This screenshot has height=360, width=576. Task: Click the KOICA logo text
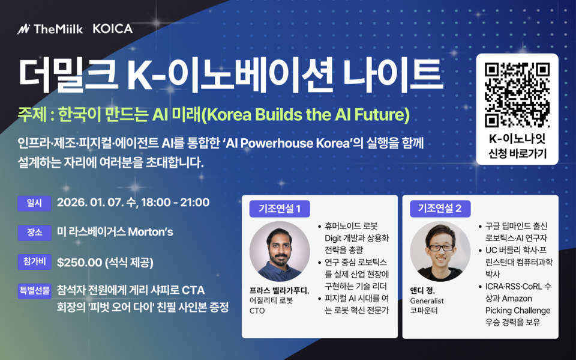(x=113, y=28)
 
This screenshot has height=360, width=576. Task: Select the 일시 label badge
(x=31, y=203)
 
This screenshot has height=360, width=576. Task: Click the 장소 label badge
(x=31, y=232)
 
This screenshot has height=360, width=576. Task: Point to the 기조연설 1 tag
(x=279, y=209)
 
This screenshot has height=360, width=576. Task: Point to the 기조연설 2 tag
(x=440, y=209)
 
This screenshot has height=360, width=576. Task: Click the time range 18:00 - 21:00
(x=175, y=203)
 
